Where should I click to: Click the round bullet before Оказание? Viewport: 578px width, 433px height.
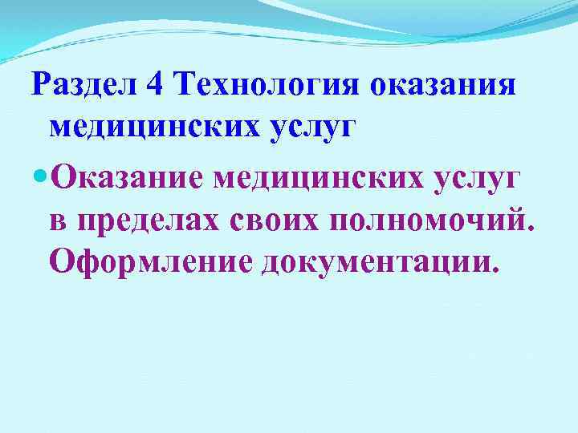(38, 174)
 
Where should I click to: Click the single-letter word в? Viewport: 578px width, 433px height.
(57, 219)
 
